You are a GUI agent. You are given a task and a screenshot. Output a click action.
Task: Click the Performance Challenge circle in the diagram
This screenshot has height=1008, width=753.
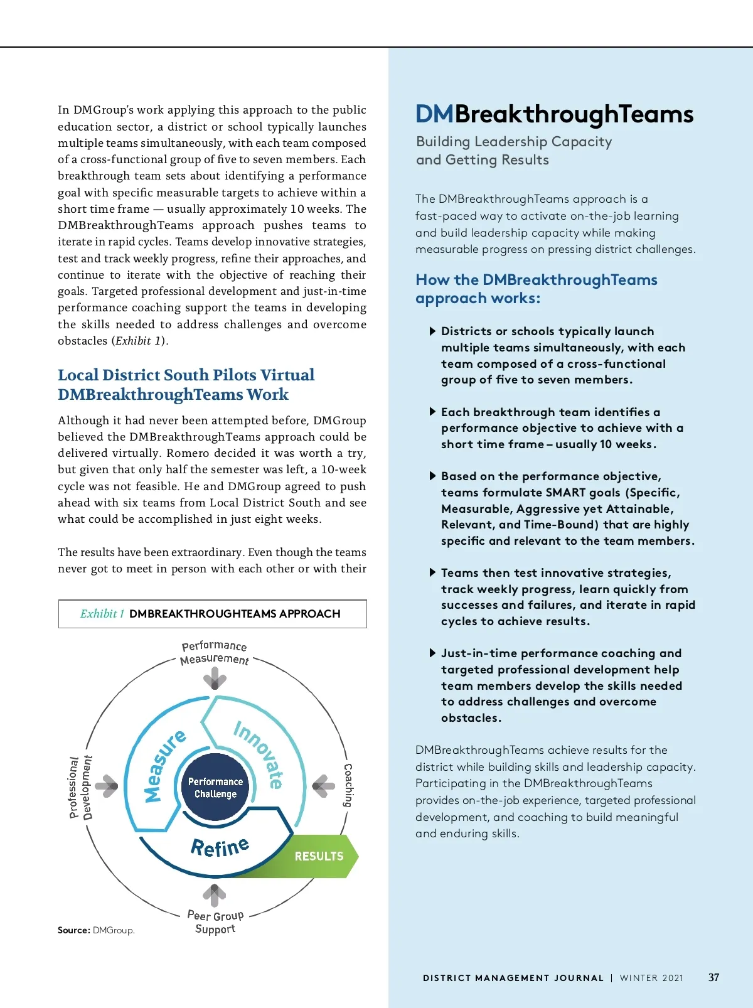click(215, 788)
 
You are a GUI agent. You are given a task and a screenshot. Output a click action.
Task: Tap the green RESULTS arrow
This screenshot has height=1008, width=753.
click(319, 856)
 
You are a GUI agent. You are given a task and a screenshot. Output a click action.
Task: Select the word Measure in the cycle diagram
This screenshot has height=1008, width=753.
click(164, 765)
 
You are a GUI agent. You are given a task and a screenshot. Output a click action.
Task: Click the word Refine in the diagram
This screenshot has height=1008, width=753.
click(220, 847)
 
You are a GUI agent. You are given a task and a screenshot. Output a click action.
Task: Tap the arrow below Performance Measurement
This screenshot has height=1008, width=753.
click(215, 678)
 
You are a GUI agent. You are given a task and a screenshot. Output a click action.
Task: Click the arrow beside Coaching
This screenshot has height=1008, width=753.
click(324, 786)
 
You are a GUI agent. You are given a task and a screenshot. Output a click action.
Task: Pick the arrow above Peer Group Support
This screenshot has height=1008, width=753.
click(215, 895)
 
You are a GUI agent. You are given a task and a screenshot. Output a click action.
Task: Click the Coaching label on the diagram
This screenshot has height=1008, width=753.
click(348, 785)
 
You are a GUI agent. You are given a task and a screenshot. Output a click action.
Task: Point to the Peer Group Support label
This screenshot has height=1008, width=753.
click(215, 922)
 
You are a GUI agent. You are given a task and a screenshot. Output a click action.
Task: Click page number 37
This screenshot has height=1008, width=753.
click(713, 977)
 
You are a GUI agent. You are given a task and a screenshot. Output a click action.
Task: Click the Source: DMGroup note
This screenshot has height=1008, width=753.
click(96, 930)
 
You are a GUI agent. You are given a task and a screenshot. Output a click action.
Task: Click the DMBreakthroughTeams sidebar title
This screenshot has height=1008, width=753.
click(554, 114)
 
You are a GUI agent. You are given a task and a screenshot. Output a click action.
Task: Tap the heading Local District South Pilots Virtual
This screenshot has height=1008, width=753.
click(186, 375)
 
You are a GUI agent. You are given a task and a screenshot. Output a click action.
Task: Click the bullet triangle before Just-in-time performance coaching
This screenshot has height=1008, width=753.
click(432, 653)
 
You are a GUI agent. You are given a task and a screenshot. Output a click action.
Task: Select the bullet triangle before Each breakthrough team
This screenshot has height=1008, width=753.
click(432, 412)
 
